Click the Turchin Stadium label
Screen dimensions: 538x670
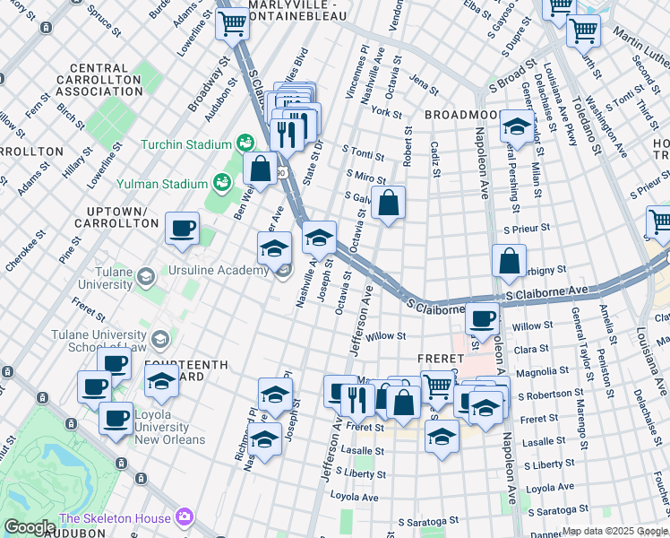(x=185, y=144)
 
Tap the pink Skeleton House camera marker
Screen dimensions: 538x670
(x=185, y=517)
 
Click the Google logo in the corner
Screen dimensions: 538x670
(x=30, y=527)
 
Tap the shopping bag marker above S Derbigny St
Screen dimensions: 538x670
(x=509, y=261)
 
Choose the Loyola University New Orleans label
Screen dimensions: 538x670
(x=172, y=421)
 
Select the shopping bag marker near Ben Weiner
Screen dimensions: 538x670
(x=260, y=168)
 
